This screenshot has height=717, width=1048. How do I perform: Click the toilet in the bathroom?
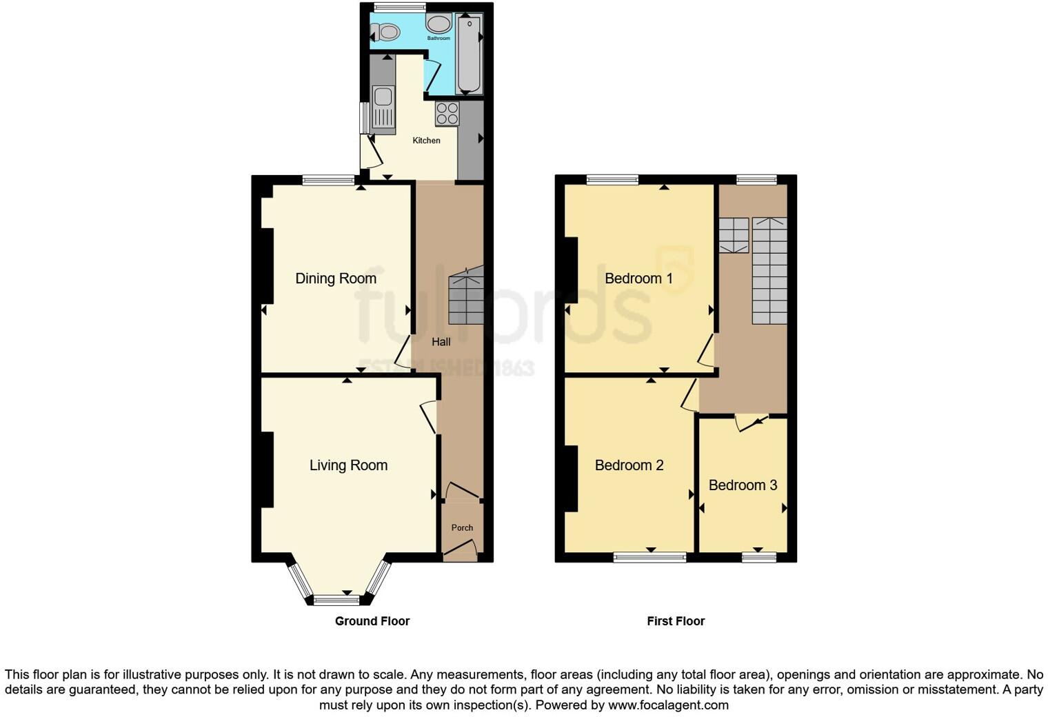[x=385, y=32]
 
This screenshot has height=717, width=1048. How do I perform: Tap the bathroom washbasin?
[x=439, y=24]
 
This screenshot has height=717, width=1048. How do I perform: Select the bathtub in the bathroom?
[x=468, y=54]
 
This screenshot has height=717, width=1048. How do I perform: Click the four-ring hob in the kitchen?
[x=447, y=114]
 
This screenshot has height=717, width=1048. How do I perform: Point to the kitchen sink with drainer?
[x=383, y=109]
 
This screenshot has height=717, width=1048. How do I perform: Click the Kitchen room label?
[x=426, y=141]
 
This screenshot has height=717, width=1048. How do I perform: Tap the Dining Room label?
[x=336, y=279]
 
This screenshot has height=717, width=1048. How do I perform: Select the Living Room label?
[x=348, y=465]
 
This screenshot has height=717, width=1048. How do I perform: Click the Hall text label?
[x=441, y=342]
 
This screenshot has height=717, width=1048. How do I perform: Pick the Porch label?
[x=462, y=528]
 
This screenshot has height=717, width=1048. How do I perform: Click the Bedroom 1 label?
[x=638, y=279]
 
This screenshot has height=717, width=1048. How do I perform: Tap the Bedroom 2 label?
[x=629, y=465]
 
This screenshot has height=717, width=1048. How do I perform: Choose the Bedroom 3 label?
[x=743, y=485]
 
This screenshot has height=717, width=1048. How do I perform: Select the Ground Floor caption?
[x=372, y=621]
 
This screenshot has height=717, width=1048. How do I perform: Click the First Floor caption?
[x=676, y=621]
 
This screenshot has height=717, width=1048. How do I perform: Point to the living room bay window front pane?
[x=336, y=600]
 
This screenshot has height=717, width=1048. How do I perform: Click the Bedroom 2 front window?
[x=649, y=557]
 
